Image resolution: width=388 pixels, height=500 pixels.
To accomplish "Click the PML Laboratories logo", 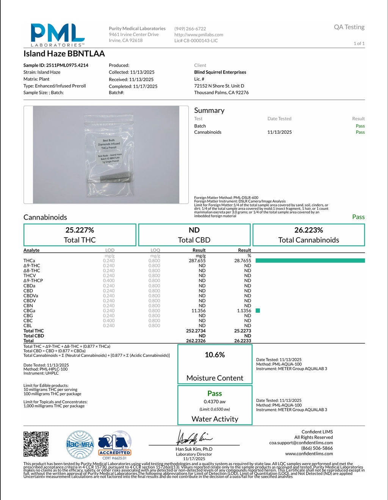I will [x=58, y=35].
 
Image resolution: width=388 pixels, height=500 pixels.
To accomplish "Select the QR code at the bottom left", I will [x=36, y=444].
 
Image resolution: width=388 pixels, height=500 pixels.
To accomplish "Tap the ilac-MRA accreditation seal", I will [x=80, y=444].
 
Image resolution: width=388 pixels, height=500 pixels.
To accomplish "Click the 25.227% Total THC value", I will [x=80, y=230].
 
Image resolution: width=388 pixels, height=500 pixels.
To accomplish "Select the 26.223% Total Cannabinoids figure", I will [x=308, y=230].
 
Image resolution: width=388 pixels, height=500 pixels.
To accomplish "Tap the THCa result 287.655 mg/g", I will [x=197, y=261].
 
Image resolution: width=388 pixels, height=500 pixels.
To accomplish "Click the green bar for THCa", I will [x=310, y=261].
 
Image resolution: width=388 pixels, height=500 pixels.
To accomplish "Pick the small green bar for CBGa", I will [x=258, y=311].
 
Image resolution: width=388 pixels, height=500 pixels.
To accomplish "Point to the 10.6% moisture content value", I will [x=215, y=355].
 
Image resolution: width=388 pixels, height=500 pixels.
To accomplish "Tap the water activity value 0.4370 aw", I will [x=214, y=402].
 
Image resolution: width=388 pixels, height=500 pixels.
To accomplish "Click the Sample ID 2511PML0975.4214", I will [x=56, y=65].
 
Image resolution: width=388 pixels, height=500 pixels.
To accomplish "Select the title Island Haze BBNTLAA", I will [x=64, y=54].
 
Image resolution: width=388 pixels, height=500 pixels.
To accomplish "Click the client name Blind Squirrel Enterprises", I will [x=220, y=72].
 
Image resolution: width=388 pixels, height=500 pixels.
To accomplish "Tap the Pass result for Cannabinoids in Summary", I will [x=360, y=132].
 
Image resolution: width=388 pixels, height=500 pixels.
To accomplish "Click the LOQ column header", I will [x=155, y=250].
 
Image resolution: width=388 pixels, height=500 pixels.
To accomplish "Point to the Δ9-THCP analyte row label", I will [x=33, y=281].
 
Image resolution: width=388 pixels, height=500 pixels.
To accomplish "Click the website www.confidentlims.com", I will [x=309, y=453].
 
